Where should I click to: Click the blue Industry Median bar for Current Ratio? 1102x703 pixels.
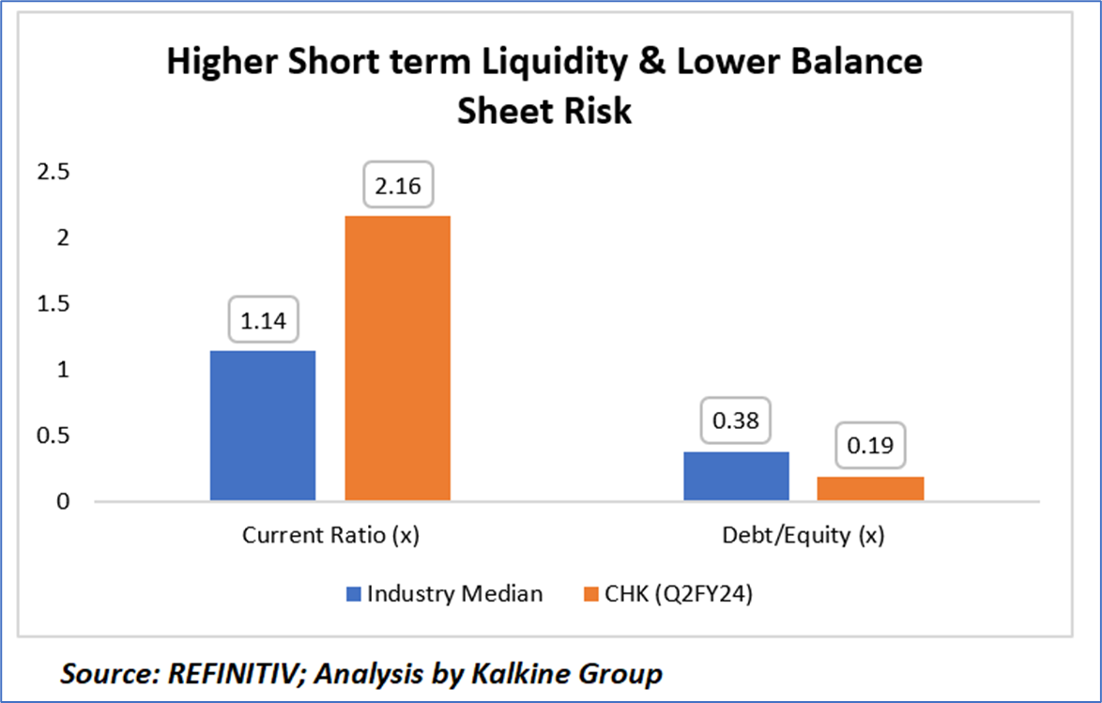(x=263, y=426)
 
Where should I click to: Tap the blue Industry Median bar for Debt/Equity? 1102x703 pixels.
(x=736, y=477)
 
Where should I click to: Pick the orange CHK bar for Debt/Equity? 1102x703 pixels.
(x=871, y=489)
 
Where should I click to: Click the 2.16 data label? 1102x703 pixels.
(x=398, y=189)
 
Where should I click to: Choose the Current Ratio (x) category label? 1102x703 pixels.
(x=330, y=536)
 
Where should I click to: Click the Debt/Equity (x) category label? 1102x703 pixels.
(x=804, y=536)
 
